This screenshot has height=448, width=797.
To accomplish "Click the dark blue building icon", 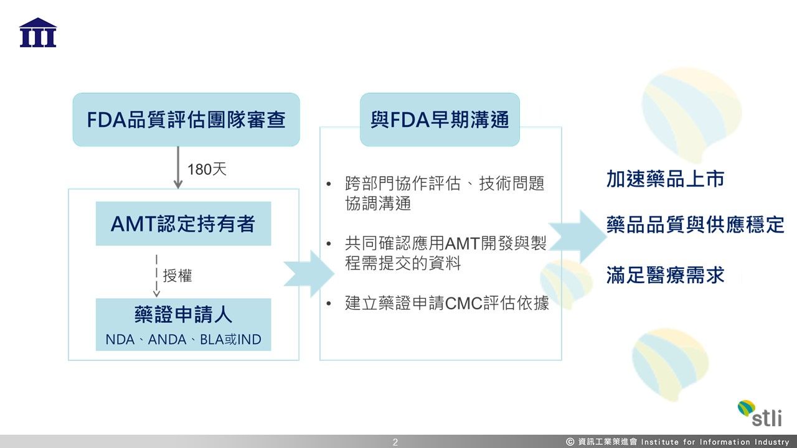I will click(38, 33).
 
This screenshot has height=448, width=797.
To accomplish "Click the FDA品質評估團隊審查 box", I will click(186, 119).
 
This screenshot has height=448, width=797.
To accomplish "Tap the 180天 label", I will click(207, 169).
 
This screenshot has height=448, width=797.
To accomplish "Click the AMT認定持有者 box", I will click(183, 223).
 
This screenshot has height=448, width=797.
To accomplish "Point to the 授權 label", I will click(177, 276).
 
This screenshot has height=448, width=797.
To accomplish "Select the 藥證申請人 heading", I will click(183, 315).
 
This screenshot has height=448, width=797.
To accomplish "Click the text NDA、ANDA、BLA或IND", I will click(183, 340).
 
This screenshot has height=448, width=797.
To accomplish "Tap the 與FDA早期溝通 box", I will click(440, 119).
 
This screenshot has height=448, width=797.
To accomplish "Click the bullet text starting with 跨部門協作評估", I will click(445, 193).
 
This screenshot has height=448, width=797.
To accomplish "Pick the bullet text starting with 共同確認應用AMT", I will click(445, 253).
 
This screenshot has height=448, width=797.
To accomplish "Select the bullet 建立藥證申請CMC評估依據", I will click(447, 304).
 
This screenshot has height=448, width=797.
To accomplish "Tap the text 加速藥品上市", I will click(665, 179).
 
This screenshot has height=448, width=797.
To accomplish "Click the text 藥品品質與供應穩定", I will click(695, 225).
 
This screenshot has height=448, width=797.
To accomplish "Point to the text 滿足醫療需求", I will click(665, 274).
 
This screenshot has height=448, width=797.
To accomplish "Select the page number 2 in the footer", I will click(395, 442).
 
